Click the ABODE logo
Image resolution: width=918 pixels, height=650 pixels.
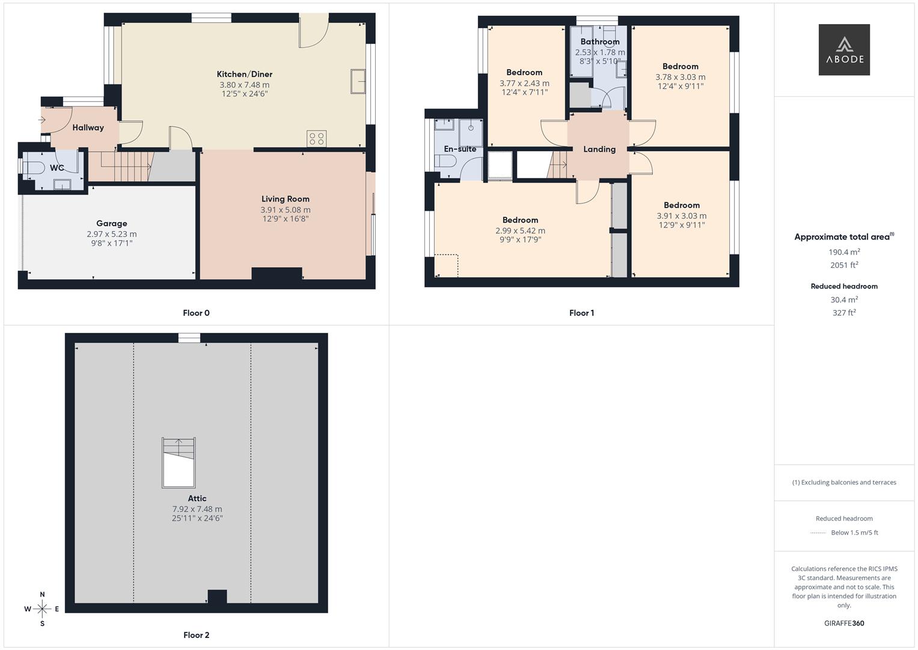pyautogui.click(x=844, y=50)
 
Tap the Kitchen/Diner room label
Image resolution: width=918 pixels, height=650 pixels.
pyautogui.click(x=245, y=74)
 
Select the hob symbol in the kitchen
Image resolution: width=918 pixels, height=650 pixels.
pyautogui.click(x=317, y=138)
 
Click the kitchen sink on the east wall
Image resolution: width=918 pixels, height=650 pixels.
pyautogui.click(x=358, y=81)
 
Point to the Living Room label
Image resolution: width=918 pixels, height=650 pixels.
pyautogui.click(x=285, y=199)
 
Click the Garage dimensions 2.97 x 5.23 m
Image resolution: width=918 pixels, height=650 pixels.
pyautogui.click(x=112, y=234)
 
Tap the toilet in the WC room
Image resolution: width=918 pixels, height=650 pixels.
pyautogui.click(x=32, y=167)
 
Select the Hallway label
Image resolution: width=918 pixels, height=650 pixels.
pyautogui.click(x=88, y=128)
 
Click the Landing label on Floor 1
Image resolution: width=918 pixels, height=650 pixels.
pyautogui.click(x=599, y=149)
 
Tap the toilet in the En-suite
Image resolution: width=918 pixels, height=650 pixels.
pyautogui.click(x=444, y=161)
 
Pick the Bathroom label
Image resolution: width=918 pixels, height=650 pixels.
pyautogui.click(x=600, y=42)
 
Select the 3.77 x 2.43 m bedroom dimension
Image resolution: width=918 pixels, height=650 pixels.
pyautogui.click(x=524, y=84)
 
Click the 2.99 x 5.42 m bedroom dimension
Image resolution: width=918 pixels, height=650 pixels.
pyautogui.click(x=520, y=231)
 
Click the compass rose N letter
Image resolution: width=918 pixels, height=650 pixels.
pyautogui.click(x=42, y=595)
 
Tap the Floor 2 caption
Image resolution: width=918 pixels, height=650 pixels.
pyautogui.click(x=196, y=635)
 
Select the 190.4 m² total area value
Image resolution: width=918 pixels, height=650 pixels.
pyautogui.click(x=844, y=252)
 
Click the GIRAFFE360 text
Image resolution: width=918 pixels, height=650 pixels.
pyautogui.click(x=844, y=624)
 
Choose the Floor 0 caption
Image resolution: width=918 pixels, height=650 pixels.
pyautogui.click(x=196, y=313)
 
